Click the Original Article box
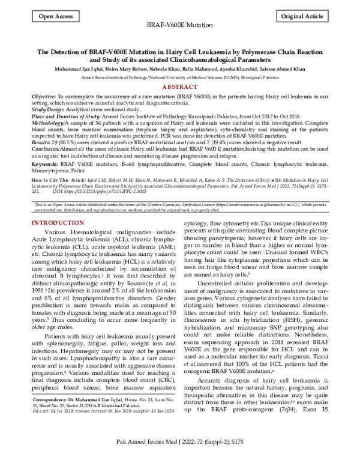[307, 17]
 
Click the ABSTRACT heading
[180, 87]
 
